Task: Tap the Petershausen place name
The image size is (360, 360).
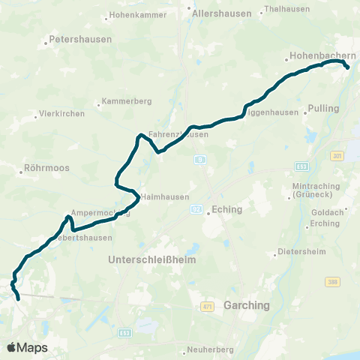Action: pyautogui.click(x=80, y=39)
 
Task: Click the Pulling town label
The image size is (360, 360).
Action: pyautogui.click(x=323, y=108)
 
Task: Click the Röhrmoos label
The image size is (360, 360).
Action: pyautogui.click(x=47, y=168)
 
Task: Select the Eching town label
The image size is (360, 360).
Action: pyautogui.click(x=227, y=210)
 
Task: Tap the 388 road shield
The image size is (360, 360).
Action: pyautogui.click(x=332, y=281)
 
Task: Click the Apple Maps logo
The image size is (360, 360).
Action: pyautogui.click(x=27, y=347)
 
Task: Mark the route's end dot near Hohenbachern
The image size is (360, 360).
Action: pyautogui.click(x=347, y=67)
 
